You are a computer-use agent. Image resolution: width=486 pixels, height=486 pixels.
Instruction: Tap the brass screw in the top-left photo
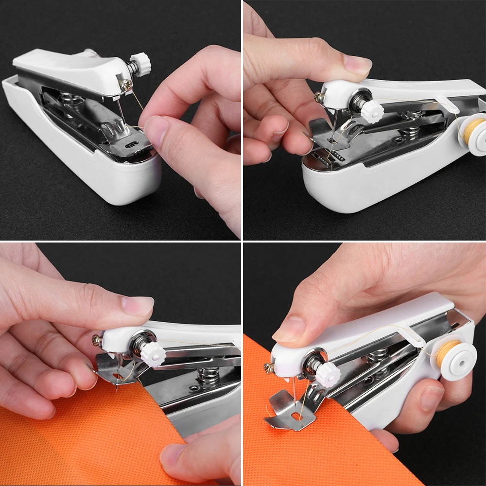(127, 84)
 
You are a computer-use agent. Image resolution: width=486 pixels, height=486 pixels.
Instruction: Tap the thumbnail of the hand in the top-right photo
(357, 63)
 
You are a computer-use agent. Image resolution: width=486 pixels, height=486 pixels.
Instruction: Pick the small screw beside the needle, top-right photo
(318, 97)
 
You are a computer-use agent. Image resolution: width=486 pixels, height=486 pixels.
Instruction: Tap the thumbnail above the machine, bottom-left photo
(137, 305)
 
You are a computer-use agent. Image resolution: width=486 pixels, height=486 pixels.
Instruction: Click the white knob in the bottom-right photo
(328, 375)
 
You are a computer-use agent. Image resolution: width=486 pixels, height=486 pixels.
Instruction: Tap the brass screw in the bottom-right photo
(269, 368)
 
